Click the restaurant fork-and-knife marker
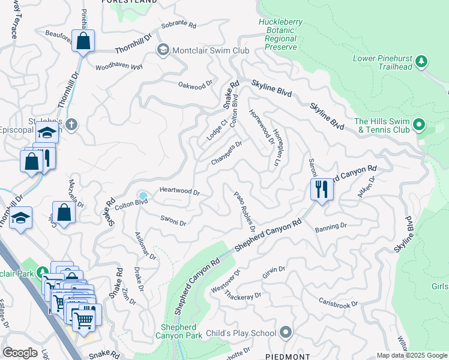[322, 190]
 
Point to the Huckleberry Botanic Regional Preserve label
[277, 34]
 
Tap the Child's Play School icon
[286, 332]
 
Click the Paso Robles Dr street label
[244, 211]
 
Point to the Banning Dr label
[331, 227]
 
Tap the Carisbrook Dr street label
[338, 303]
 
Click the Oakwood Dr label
[196, 85]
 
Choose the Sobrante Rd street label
[179, 27]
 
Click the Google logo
[20, 353]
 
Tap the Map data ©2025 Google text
[411, 355]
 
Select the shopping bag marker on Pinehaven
[83, 41]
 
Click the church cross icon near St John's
[71, 125]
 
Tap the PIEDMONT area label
[288, 356]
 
